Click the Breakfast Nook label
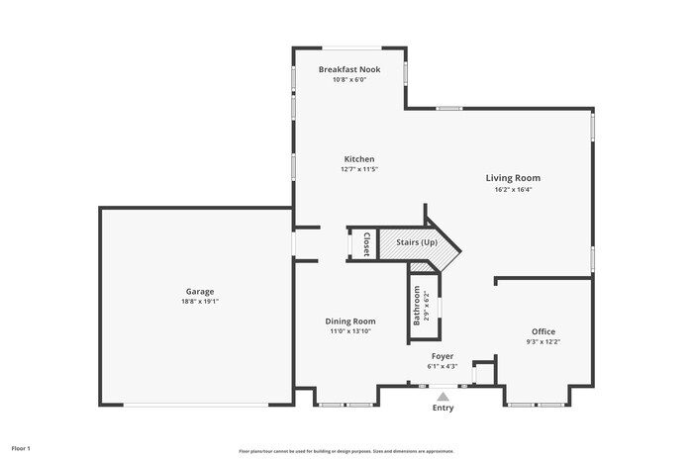pyautogui.click(x=348, y=69)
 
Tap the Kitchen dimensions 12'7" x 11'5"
pyautogui.click(x=359, y=169)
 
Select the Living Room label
pyautogui.click(x=513, y=178)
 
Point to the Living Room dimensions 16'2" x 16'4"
pyautogui.click(x=513, y=189)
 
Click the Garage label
pyautogui.click(x=200, y=292)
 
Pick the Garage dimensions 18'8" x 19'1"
pyautogui.click(x=200, y=302)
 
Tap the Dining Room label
pyautogui.click(x=351, y=321)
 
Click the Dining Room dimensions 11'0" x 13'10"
pyautogui.click(x=351, y=331)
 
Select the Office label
pyautogui.click(x=543, y=331)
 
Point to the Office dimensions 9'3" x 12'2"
pyautogui.click(x=543, y=342)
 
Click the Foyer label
pyautogui.click(x=443, y=355)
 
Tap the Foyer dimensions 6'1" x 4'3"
pyautogui.click(x=443, y=366)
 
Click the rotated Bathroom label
pyautogui.click(x=417, y=306)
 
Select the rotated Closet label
pyautogui.click(x=365, y=243)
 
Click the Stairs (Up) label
pyautogui.click(x=416, y=242)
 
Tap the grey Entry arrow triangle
pyautogui.click(x=443, y=396)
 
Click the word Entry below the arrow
pyautogui.click(x=443, y=408)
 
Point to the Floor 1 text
pyautogui.click(x=21, y=448)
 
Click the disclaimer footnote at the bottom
pyautogui.click(x=346, y=450)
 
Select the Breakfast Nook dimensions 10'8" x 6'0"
pyautogui.click(x=348, y=80)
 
